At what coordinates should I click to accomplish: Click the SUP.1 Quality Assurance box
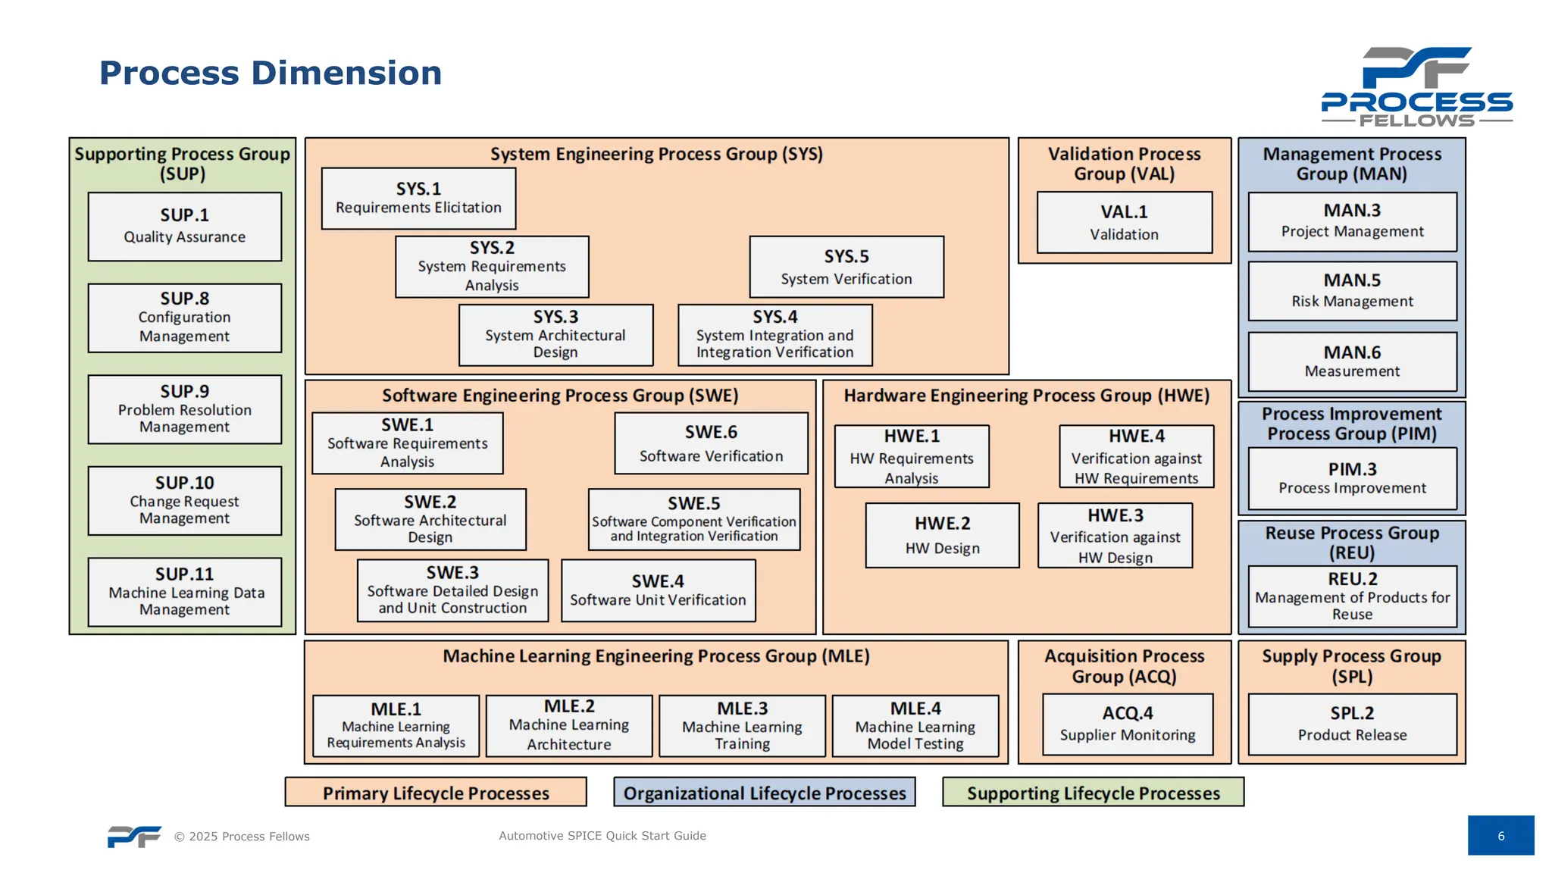click(184, 227)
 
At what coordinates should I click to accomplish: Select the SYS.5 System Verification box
click(846, 267)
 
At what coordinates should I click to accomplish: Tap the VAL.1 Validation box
click(1124, 222)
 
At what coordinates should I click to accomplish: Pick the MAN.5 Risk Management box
click(1352, 291)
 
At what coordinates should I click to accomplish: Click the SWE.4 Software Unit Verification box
click(658, 590)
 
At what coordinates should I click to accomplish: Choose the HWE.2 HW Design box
click(942, 535)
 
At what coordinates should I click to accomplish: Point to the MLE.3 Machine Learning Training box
click(742, 726)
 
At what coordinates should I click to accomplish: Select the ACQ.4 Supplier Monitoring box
click(1127, 724)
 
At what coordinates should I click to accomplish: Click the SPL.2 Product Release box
click(1352, 724)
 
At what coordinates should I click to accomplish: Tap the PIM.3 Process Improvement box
click(1352, 478)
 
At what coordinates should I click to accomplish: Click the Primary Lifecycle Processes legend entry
click(436, 793)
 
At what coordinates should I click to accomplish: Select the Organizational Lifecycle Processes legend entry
click(764, 793)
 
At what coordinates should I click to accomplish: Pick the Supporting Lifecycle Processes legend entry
click(1093, 793)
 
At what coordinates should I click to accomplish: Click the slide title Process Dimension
click(271, 74)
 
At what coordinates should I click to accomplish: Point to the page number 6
click(1500, 836)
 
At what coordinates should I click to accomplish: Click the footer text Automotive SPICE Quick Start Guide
click(602, 836)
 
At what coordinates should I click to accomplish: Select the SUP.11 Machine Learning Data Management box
click(184, 592)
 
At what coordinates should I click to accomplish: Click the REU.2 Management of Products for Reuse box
click(1352, 596)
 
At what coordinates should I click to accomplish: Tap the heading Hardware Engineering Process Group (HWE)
click(1026, 396)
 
